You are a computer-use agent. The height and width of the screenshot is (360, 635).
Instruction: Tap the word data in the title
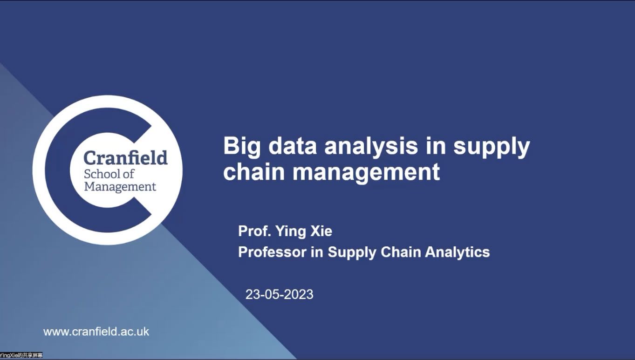[x=292, y=145]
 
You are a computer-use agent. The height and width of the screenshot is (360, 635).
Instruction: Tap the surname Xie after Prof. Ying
[x=321, y=231]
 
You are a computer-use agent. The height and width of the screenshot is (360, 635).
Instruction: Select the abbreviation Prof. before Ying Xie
[x=255, y=231]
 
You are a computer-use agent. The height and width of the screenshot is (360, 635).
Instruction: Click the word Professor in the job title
[x=272, y=252]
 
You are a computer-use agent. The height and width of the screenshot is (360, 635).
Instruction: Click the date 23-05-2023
[x=279, y=294]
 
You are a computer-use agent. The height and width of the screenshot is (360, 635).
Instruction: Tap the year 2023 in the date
[x=298, y=294]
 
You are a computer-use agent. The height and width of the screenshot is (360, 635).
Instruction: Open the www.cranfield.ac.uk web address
[x=96, y=332]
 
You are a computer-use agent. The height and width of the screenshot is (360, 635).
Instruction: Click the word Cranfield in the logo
[x=126, y=157]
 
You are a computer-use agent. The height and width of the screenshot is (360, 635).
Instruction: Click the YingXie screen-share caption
[x=21, y=355]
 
